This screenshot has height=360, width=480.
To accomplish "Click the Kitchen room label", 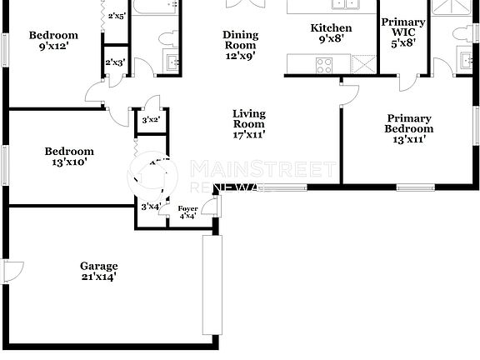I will click(x=331, y=33).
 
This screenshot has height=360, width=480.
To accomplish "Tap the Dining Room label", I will click(x=240, y=46).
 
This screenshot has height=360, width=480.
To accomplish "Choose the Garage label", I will click(x=99, y=272).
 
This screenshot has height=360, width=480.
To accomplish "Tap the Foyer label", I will click(x=187, y=213).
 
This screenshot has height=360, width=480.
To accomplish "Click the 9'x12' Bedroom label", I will click(x=53, y=41).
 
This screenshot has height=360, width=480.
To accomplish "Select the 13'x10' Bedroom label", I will click(x=69, y=157).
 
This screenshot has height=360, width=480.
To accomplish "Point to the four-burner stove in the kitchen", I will click(x=322, y=63).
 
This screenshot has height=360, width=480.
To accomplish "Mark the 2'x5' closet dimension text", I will click(x=116, y=16).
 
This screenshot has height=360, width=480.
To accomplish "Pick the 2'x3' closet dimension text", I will click(x=115, y=62).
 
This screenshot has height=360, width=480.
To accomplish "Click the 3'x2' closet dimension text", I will click(x=151, y=120).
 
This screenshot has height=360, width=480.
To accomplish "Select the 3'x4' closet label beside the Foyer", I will click(x=151, y=206).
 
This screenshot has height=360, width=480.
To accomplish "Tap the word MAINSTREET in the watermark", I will click(x=263, y=170).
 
